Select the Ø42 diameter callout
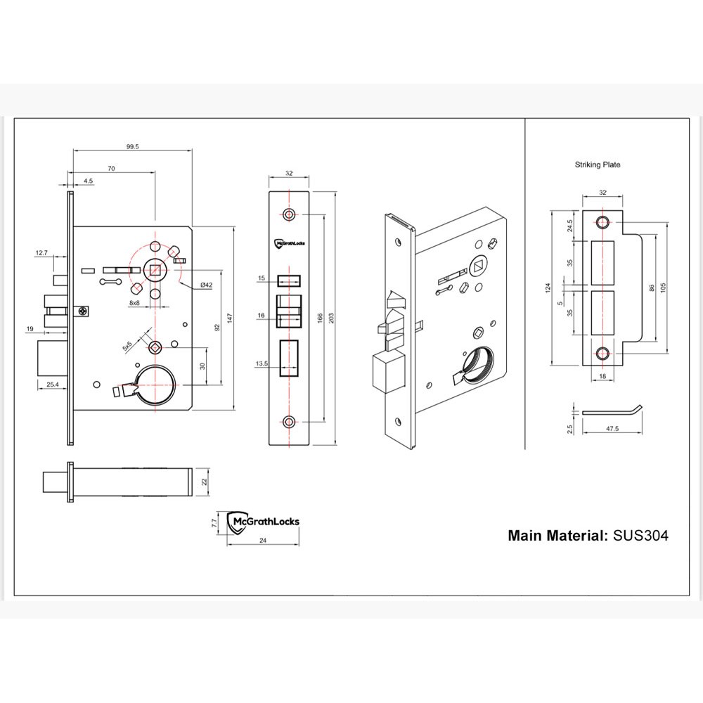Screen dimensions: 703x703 [x=207, y=284]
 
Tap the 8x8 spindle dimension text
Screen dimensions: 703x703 [x=135, y=302]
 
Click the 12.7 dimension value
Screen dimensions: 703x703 [x=40, y=252]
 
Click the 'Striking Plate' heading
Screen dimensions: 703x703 [x=598, y=165]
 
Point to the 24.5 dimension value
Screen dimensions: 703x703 [x=570, y=225]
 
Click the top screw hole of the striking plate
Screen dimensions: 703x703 [x=602, y=223]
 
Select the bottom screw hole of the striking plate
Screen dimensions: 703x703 [x=602, y=352]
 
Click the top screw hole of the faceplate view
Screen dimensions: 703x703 [x=289, y=214]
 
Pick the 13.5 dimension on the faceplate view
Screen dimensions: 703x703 [x=262, y=363]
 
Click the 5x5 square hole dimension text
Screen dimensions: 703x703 [x=127, y=344]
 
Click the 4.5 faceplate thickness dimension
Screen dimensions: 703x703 [x=88, y=181]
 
